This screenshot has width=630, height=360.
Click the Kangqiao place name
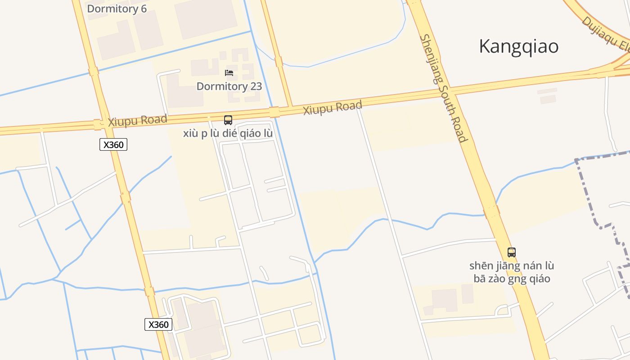tap(518, 46)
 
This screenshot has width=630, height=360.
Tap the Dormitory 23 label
tap(229, 86)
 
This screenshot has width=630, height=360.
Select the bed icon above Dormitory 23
tap(229, 73)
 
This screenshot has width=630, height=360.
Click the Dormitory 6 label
tap(117, 9)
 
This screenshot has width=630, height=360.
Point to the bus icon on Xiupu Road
tap(228, 120)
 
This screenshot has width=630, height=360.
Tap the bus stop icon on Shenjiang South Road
tap(511, 252)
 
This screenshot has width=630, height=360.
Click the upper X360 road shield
tap(113, 144)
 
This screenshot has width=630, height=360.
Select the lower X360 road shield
tap(158, 324)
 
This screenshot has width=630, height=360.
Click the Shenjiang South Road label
tap(444, 88)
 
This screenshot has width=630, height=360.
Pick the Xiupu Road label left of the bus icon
tap(137, 121)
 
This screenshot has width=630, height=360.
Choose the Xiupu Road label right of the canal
tap(333, 108)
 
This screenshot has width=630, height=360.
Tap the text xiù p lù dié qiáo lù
tap(228, 134)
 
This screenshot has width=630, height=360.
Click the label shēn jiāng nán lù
tap(511, 265)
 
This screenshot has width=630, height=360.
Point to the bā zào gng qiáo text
tap(512, 279)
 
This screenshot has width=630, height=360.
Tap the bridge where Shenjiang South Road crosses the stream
tap(491, 211)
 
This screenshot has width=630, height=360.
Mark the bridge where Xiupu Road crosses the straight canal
tap(274, 112)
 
